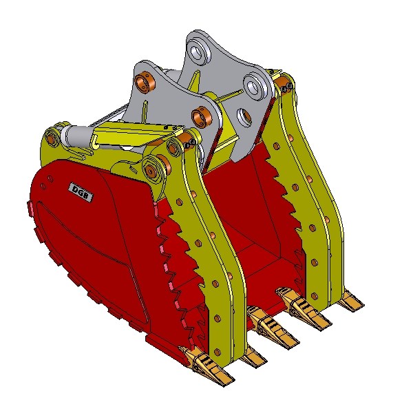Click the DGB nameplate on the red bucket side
point(81,192)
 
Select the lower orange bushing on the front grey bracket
point(202,116)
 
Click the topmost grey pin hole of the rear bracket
point(198,52)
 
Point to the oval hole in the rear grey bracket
point(244,116)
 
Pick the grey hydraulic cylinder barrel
point(76,136)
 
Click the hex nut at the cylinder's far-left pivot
point(50,136)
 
